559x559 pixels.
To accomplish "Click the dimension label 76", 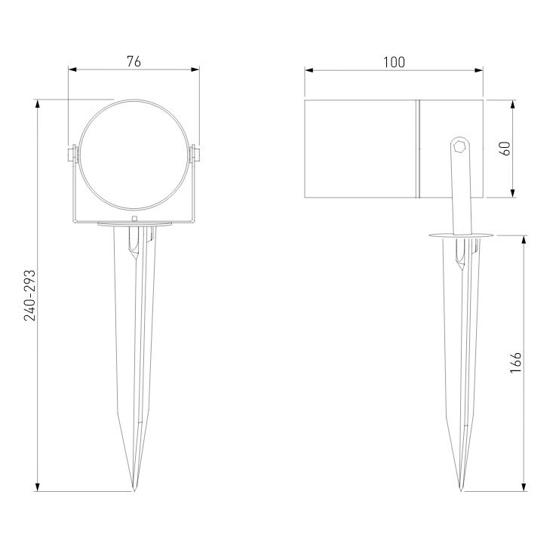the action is point(134,62).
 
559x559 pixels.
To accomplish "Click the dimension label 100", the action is point(394,63).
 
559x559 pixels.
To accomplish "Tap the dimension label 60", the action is point(505,149).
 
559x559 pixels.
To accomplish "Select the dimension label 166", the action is point(515,362).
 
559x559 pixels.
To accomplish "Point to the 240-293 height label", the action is point(29,296).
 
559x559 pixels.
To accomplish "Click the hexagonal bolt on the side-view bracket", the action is point(459,146).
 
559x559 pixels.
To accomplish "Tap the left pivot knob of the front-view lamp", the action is point(72,155).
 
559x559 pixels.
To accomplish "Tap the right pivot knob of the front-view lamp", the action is point(195,155).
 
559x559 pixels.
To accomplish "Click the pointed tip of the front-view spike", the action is point(134,491).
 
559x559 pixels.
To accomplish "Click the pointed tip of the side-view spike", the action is point(461,491).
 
